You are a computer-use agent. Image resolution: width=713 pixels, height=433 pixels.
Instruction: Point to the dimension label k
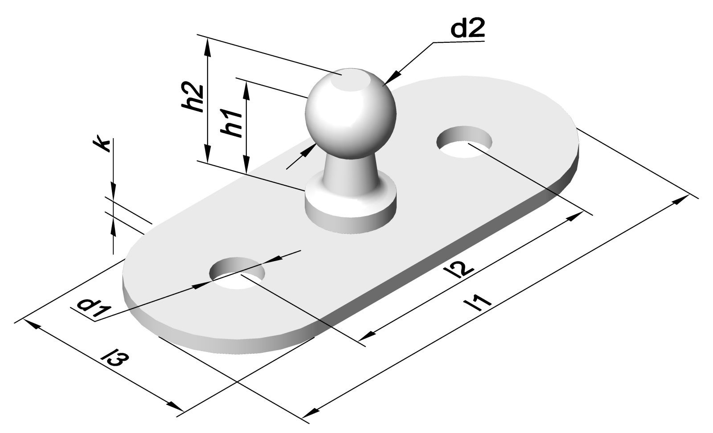(103, 145)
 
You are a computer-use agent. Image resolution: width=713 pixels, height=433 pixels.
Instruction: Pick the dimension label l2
(461, 270)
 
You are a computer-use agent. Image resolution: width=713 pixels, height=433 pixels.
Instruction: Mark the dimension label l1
(477, 303)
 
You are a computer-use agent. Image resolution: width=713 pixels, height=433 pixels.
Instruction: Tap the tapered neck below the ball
(350, 172)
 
